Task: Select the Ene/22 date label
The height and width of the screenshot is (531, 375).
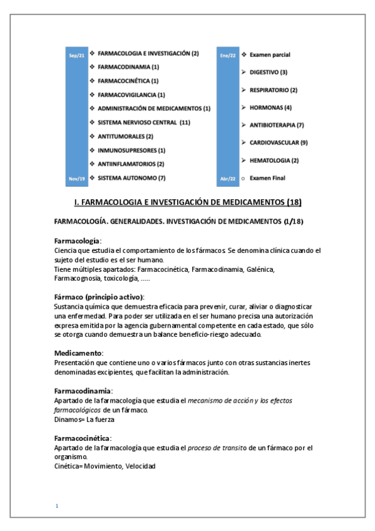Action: (x=228, y=56)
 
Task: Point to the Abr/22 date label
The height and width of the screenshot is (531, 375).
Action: (x=228, y=178)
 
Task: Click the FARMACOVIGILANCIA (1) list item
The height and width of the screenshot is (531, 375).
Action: (x=131, y=95)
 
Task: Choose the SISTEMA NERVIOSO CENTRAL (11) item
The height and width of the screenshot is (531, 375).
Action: (x=143, y=122)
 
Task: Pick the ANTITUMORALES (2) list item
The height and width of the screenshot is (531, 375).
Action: (x=125, y=136)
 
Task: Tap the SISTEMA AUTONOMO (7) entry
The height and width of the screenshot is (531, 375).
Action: (x=131, y=178)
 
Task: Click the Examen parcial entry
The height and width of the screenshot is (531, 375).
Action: (x=270, y=55)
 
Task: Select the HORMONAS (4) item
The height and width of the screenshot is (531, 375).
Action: (x=270, y=108)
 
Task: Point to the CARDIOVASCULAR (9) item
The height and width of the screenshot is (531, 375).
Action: (x=279, y=143)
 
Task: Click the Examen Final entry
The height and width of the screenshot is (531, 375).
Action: (x=267, y=178)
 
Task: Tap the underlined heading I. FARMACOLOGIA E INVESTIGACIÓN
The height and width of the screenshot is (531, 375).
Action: (x=188, y=202)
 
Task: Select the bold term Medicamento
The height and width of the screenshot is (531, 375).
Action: (x=78, y=353)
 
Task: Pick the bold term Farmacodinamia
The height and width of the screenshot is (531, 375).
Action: (x=83, y=391)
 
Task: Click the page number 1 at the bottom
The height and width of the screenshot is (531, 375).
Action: (x=56, y=505)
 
